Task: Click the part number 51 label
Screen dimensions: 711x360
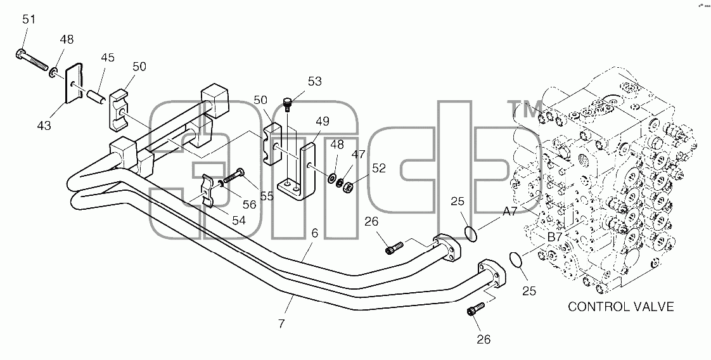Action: (29, 20)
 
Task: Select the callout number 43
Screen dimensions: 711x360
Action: (44, 125)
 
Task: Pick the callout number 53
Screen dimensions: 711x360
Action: (315, 82)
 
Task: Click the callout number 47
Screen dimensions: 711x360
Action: (358, 155)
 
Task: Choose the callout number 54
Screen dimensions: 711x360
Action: (239, 221)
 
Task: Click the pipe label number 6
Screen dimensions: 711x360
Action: (315, 233)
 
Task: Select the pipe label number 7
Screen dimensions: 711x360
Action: (281, 324)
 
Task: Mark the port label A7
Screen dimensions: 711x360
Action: (509, 211)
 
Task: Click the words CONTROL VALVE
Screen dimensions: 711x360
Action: (621, 307)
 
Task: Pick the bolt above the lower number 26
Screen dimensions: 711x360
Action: (475, 310)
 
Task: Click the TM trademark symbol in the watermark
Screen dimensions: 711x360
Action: (526, 109)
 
